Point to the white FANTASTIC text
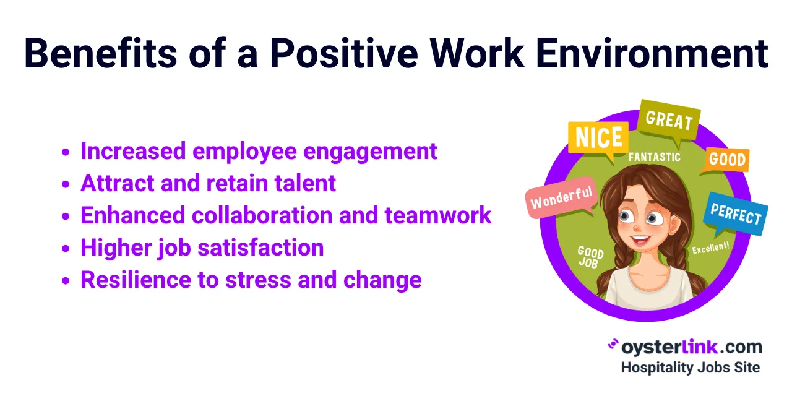click(x=655, y=157)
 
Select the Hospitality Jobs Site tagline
click(x=690, y=367)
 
